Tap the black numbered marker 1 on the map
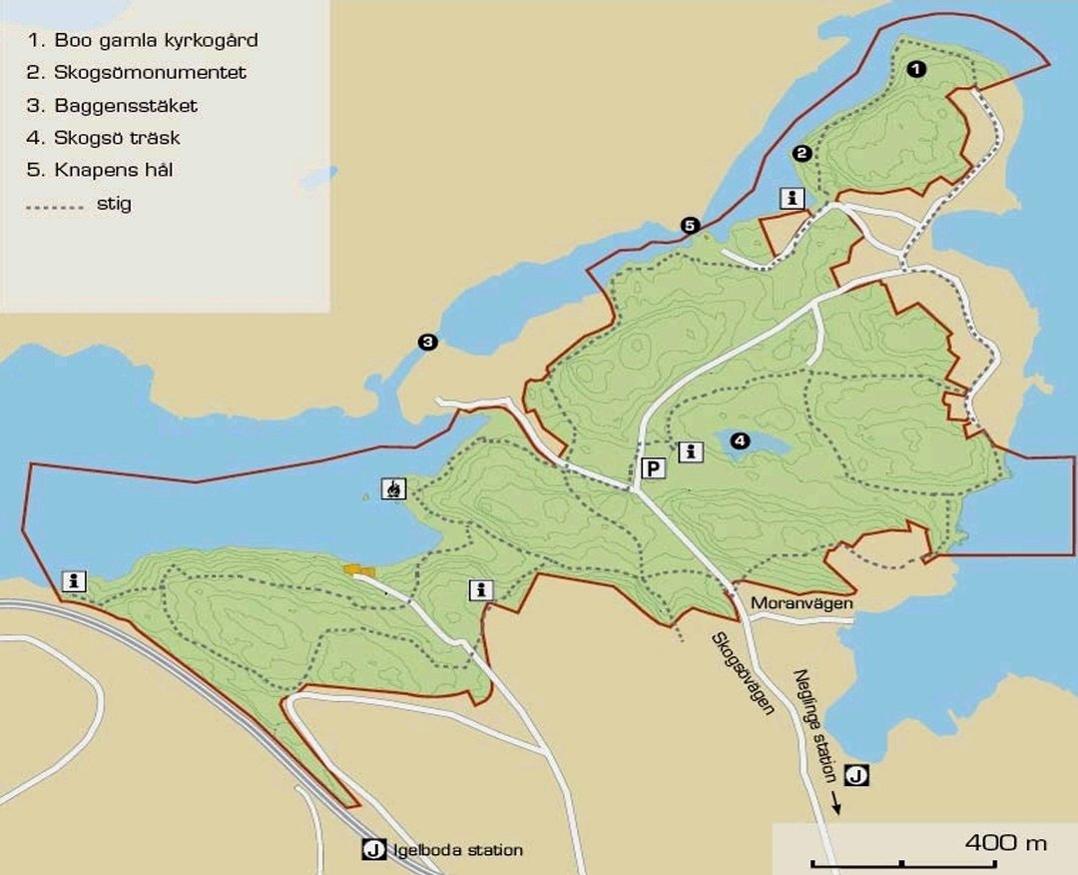click(x=916, y=69)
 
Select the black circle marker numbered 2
click(x=801, y=153)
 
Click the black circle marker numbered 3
click(x=427, y=343)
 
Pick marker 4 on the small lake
click(x=739, y=440)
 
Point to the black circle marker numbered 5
click(x=690, y=226)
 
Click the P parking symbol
click(x=653, y=468)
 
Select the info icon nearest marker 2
click(x=793, y=198)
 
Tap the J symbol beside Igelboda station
click(x=373, y=850)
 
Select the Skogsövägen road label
click(x=744, y=674)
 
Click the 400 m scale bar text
click(x=1005, y=842)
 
